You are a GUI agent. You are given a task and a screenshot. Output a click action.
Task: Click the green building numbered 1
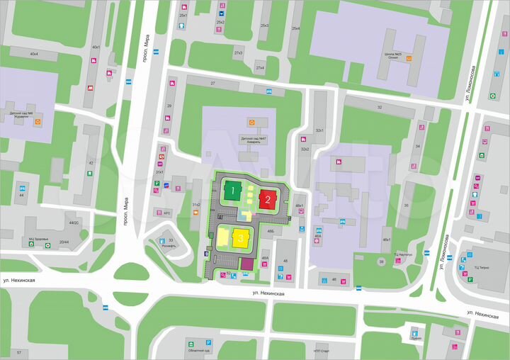232,191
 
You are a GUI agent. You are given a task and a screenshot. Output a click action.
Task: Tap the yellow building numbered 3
241,238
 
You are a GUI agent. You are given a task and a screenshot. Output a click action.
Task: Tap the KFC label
167,211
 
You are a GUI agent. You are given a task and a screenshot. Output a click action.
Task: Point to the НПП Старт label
321,351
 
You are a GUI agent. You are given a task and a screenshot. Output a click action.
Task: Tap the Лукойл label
415,339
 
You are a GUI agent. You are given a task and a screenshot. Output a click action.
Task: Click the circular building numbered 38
380,262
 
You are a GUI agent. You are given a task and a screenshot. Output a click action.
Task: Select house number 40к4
34,54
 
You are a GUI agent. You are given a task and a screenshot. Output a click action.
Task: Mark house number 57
19,352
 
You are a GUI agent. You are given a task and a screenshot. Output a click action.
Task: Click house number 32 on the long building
380,107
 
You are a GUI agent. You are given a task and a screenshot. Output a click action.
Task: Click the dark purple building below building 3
246,264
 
